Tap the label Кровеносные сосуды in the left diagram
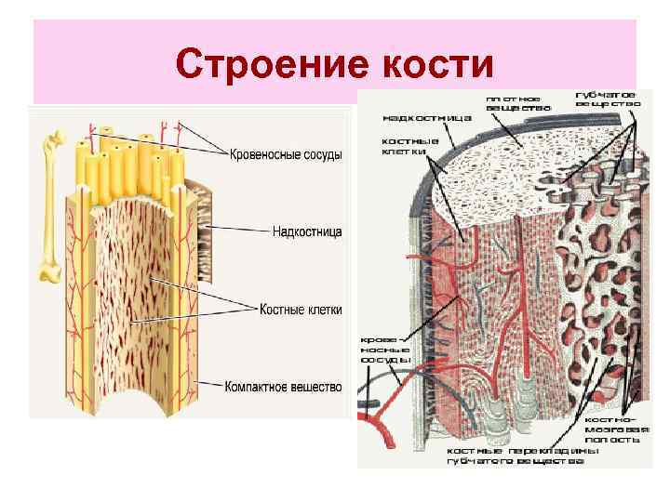click(x=287, y=154)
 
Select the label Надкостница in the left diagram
click(x=307, y=230)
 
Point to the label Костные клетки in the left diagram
click(x=301, y=309)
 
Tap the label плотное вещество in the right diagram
click(x=517, y=102)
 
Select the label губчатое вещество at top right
click(x=606, y=99)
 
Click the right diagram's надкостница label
click(x=427, y=118)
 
